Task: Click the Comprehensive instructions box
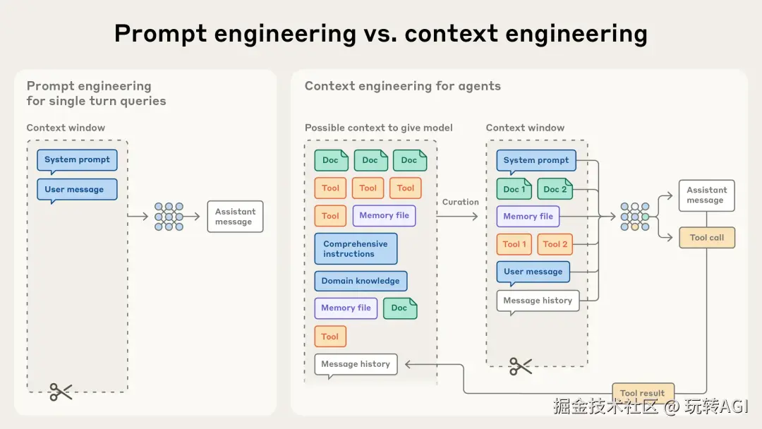click(356, 249)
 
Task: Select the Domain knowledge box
click(361, 281)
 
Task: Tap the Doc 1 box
click(514, 189)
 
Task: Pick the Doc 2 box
click(555, 189)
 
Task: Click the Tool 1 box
click(514, 244)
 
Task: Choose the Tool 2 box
click(555, 244)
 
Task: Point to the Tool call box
click(706, 238)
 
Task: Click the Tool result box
click(642, 393)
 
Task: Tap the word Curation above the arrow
click(461, 202)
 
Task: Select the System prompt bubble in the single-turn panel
click(77, 160)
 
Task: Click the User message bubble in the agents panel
click(533, 272)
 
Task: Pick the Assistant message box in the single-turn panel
click(235, 217)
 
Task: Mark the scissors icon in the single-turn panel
click(61, 392)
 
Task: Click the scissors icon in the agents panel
click(521, 365)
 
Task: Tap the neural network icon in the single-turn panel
click(169, 217)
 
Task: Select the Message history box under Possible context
click(356, 364)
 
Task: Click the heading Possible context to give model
click(379, 128)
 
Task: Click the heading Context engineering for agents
click(403, 86)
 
